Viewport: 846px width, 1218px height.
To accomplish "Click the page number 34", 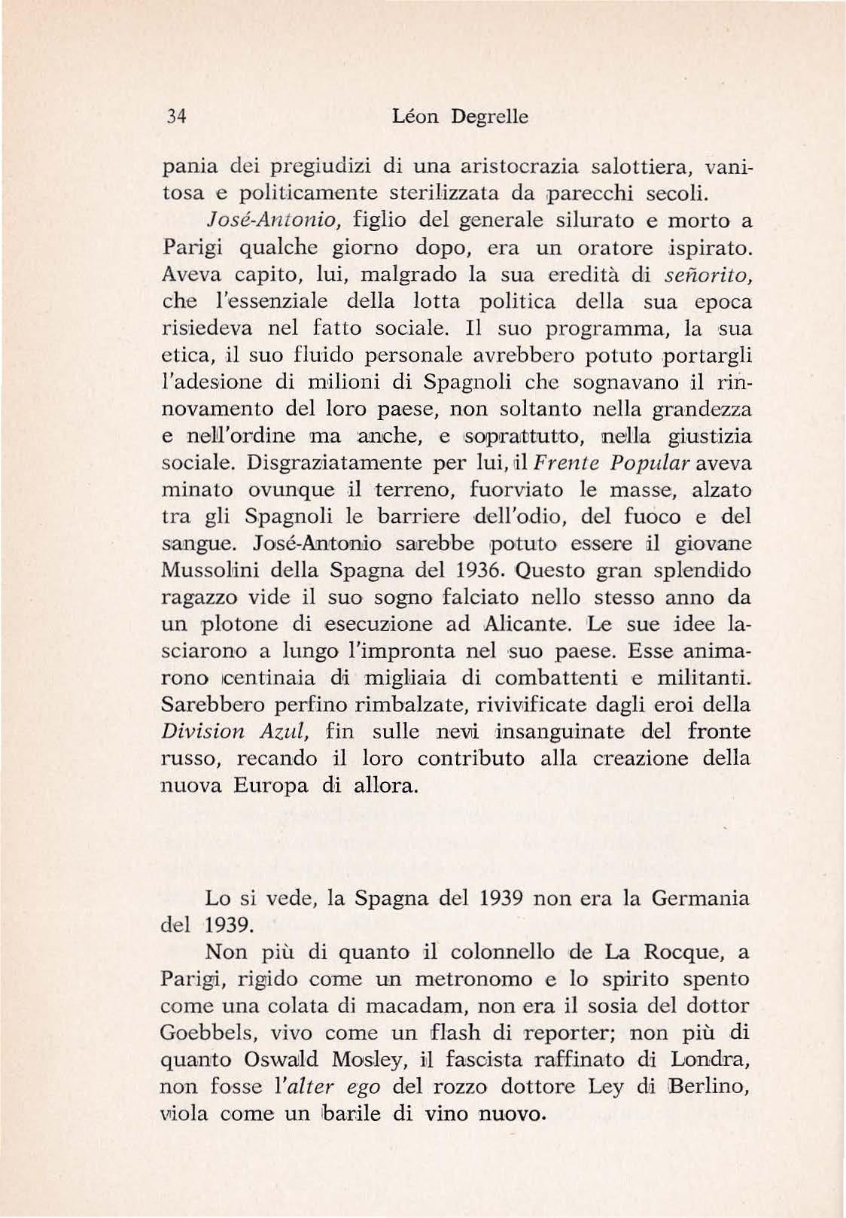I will tap(177, 117).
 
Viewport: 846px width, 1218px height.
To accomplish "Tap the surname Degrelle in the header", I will tap(489, 117).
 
